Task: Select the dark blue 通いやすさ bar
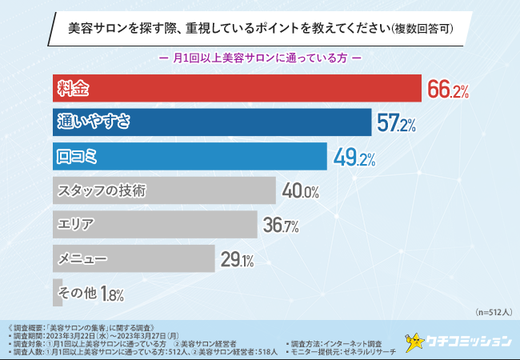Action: click(x=212, y=122)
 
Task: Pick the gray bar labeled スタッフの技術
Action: click(x=164, y=191)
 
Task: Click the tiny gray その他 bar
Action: click(x=58, y=293)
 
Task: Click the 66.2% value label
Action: click(x=448, y=90)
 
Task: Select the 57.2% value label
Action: click(x=398, y=124)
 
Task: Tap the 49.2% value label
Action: click(x=354, y=158)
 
